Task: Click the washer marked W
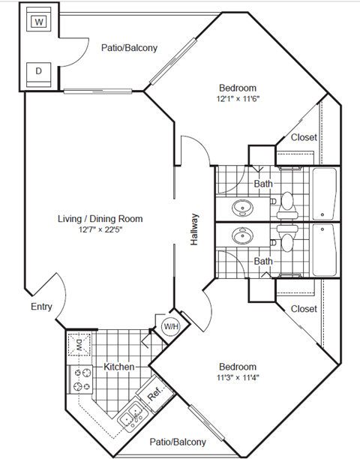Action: pos(38,22)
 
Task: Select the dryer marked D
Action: pos(38,72)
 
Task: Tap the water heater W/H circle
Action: pos(170,326)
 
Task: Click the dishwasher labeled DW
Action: pos(79,346)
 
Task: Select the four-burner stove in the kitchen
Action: pos(81,379)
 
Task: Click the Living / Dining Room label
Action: pos(100,219)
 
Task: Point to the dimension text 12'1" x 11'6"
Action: pos(238,99)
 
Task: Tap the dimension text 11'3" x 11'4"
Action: pos(238,377)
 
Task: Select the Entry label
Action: pos(41,307)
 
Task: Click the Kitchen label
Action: pos(118,367)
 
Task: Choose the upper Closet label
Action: pos(303,137)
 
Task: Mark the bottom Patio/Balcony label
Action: pos(177,442)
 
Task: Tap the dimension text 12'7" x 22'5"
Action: pos(100,230)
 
